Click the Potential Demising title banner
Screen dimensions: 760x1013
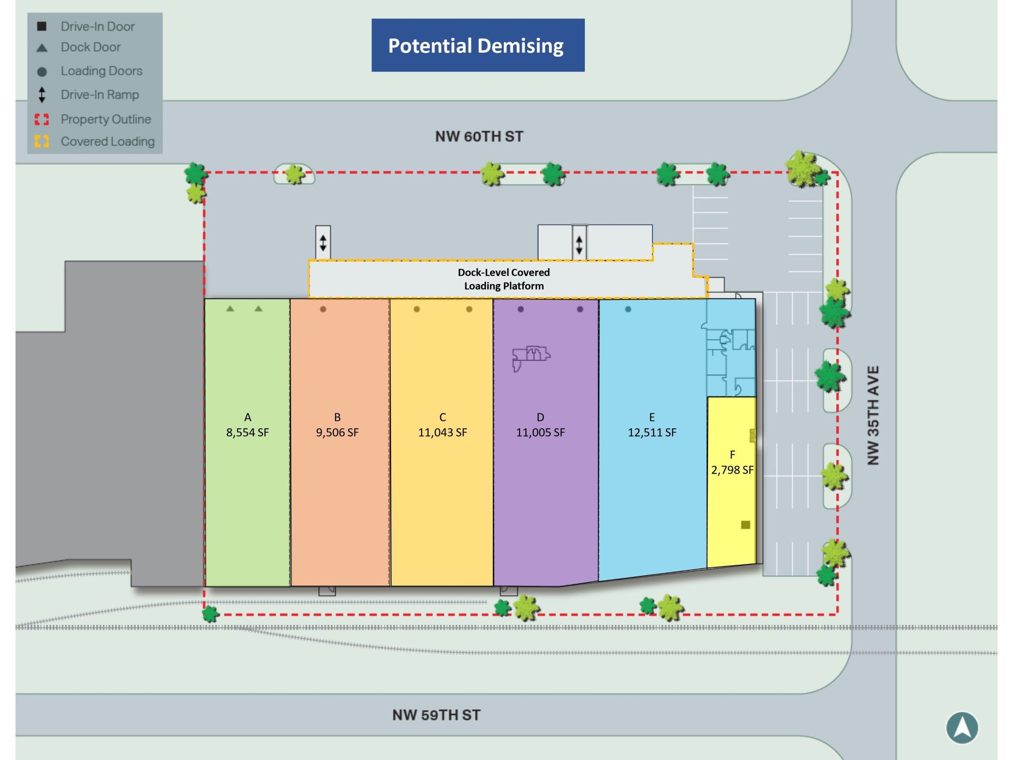(x=478, y=46)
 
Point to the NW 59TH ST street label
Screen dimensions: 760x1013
(x=436, y=715)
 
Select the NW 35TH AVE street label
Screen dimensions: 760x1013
(x=873, y=416)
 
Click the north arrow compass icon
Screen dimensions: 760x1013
(x=962, y=728)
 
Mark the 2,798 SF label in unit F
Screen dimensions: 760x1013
(x=732, y=470)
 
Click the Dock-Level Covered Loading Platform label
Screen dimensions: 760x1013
(x=504, y=279)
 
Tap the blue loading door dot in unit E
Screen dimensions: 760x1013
(x=628, y=309)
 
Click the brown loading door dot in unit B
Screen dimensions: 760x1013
(x=323, y=309)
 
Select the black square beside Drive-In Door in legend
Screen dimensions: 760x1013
(x=42, y=26)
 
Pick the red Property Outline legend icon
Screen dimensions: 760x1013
(x=42, y=119)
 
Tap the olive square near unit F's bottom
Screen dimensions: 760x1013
(x=746, y=525)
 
